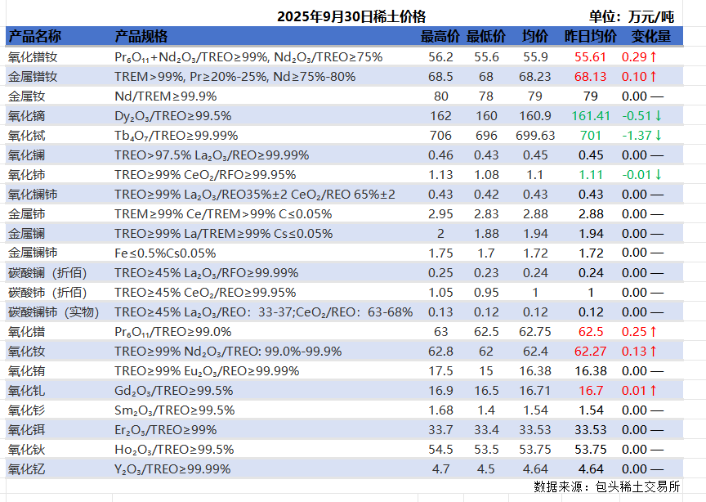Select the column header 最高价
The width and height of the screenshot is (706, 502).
[440, 37]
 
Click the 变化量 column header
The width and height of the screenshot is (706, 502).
[650, 37]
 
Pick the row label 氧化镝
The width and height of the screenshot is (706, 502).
[33, 115]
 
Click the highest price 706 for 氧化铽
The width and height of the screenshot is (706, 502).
[440, 135]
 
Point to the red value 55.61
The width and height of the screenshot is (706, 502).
[591, 56]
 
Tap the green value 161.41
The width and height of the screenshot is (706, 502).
[591, 115]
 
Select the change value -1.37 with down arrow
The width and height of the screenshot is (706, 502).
[641, 135]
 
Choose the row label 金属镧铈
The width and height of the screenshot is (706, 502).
[33, 253]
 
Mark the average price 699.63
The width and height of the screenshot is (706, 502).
[535, 135]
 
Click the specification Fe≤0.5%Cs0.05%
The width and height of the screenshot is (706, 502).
[165, 253]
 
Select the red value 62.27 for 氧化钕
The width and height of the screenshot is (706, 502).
[591, 351]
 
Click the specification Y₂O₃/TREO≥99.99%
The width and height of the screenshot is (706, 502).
[172, 468]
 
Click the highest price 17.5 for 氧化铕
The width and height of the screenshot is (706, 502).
[440, 370]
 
